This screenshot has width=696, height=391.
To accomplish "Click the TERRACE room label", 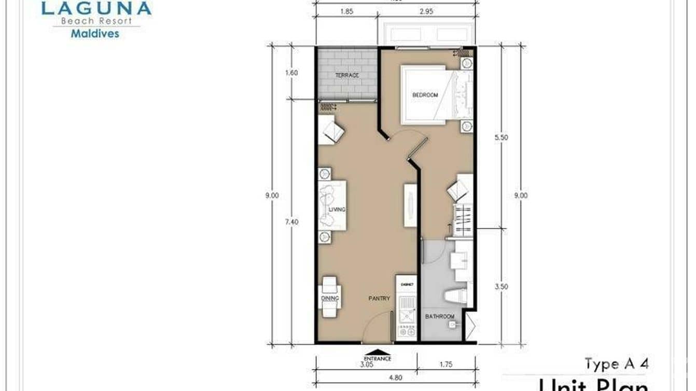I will click(x=346, y=76).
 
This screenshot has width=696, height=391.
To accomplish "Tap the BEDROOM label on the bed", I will click(x=425, y=95).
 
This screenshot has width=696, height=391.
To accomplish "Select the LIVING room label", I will click(x=337, y=210).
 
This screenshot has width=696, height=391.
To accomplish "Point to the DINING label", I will click(x=330, y=299).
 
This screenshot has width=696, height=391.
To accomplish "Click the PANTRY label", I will click(x=379, y=299).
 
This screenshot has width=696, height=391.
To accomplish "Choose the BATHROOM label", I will click(x=440, y=316).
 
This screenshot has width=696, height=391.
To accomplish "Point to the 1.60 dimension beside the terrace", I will click(x=291, y=73).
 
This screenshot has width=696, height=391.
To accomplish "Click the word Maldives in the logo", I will click(x=94, y=34).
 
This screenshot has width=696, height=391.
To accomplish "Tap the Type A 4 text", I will click(x=616, y=364).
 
